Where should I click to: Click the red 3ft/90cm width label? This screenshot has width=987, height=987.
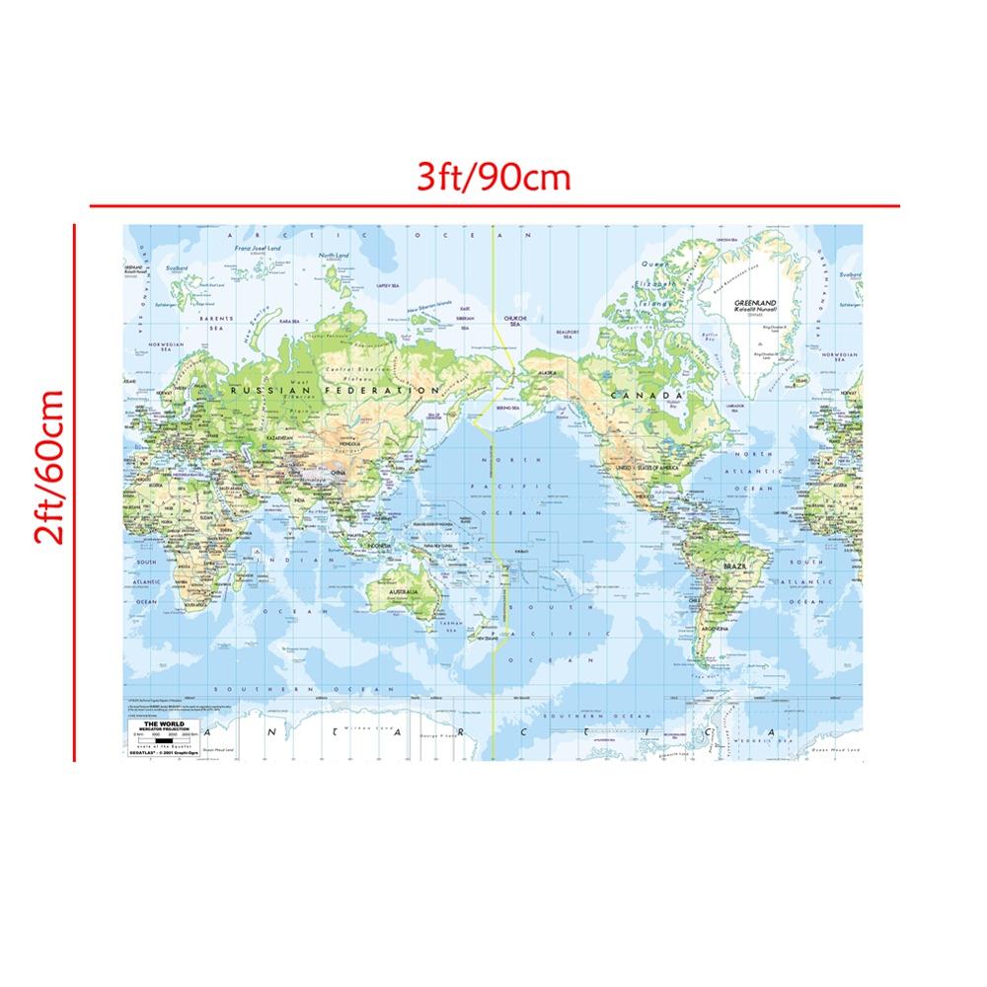pos(493,178)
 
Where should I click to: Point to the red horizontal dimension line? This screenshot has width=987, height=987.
pos(493,206)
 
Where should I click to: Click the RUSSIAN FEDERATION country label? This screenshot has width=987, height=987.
pos(334,391)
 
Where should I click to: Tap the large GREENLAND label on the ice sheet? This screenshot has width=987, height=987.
pos(755,303)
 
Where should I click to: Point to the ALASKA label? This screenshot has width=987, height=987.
pos(547,373)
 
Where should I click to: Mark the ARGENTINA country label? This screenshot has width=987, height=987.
pos(715,628)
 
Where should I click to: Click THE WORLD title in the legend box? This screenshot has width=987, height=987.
pos(158,723)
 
